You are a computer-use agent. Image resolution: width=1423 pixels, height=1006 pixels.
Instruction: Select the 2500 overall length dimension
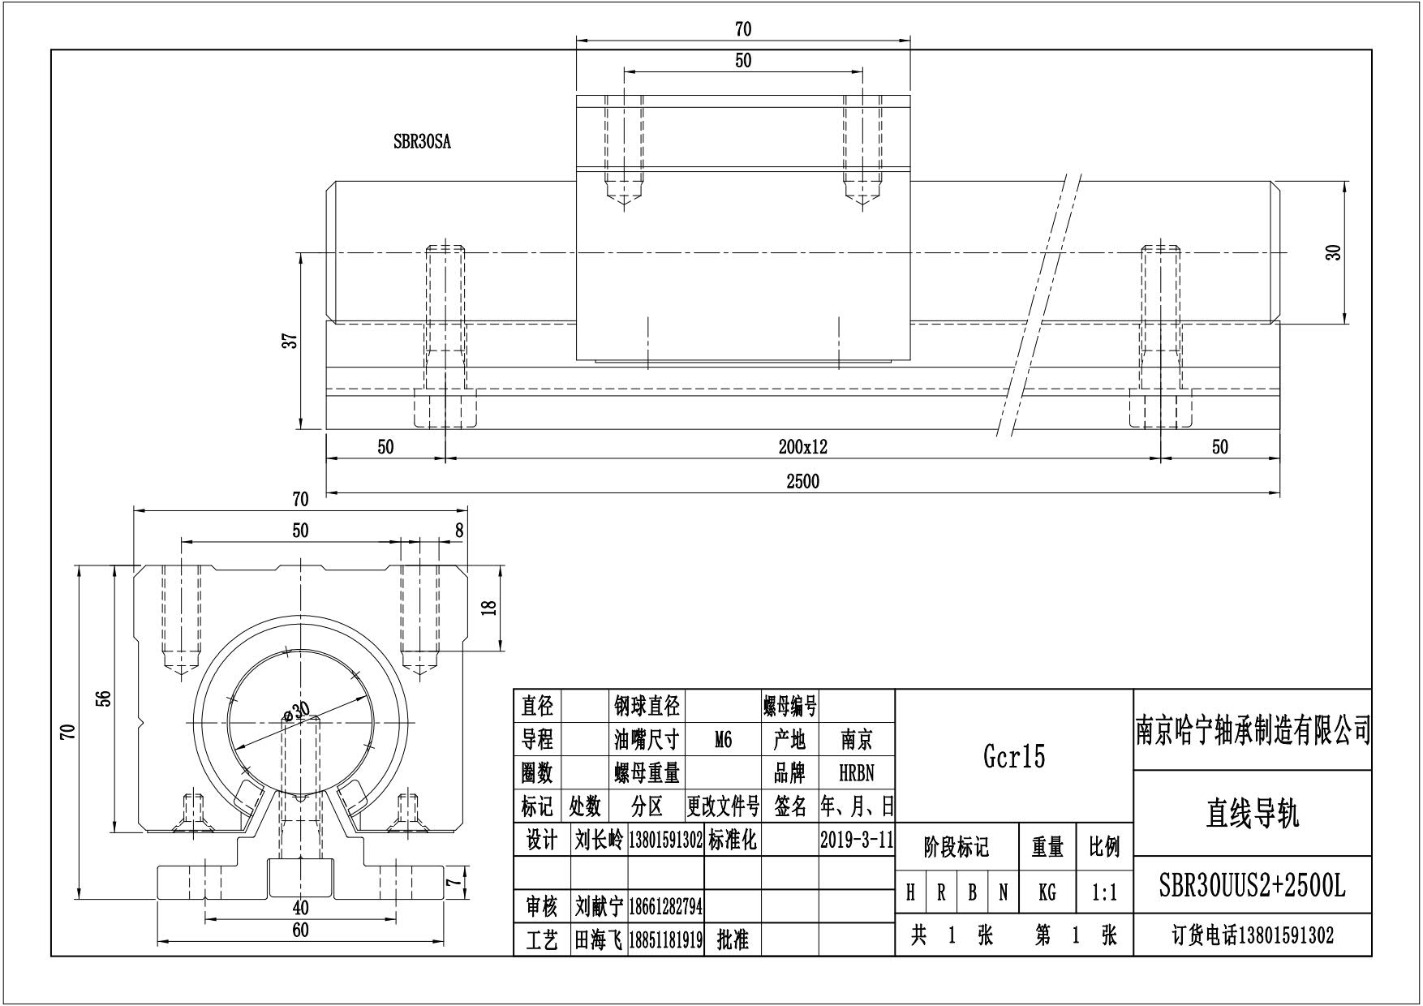[802, 481]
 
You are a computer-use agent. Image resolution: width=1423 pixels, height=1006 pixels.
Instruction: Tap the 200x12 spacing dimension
[802, 447]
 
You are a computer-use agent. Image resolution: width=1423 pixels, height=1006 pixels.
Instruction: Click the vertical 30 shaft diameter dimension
[1334, 252]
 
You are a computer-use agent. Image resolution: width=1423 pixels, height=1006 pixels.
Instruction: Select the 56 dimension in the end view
[103, 699]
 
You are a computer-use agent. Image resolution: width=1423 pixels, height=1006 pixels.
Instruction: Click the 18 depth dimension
[488, 608]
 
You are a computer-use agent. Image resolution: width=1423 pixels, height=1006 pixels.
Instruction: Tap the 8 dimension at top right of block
[459, 531]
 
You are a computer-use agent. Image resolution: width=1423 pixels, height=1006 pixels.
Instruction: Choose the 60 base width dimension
[300, 931]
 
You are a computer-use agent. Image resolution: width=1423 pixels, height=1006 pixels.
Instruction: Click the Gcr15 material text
[1014, 756]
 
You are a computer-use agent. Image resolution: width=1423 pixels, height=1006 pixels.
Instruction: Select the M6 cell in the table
[723, 740]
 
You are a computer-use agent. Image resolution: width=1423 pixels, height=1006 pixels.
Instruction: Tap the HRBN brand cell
[856, 773]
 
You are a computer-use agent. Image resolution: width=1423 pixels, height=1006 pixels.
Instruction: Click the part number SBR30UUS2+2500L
[1252, 887]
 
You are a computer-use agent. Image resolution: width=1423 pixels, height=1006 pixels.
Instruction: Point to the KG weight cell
[1047, 893]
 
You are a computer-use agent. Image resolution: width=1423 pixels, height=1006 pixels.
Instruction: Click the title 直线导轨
[1252, 813]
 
